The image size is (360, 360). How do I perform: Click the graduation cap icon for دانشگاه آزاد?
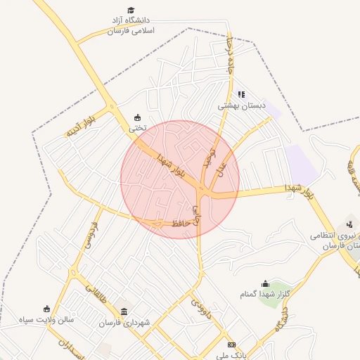click(130, 9)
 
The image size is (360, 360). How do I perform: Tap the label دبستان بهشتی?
click(241, 105)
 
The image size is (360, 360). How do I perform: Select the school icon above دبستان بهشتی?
click(241, 94)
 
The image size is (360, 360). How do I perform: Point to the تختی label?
click(138, 129)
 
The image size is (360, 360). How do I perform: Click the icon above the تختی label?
click(137, 117)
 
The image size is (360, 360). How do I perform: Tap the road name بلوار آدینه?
click(80, 128)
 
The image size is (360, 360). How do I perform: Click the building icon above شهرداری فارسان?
click(124, 311)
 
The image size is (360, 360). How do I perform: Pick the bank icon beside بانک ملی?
click(231, 344)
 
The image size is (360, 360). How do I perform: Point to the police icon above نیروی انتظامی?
click(349, 224)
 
